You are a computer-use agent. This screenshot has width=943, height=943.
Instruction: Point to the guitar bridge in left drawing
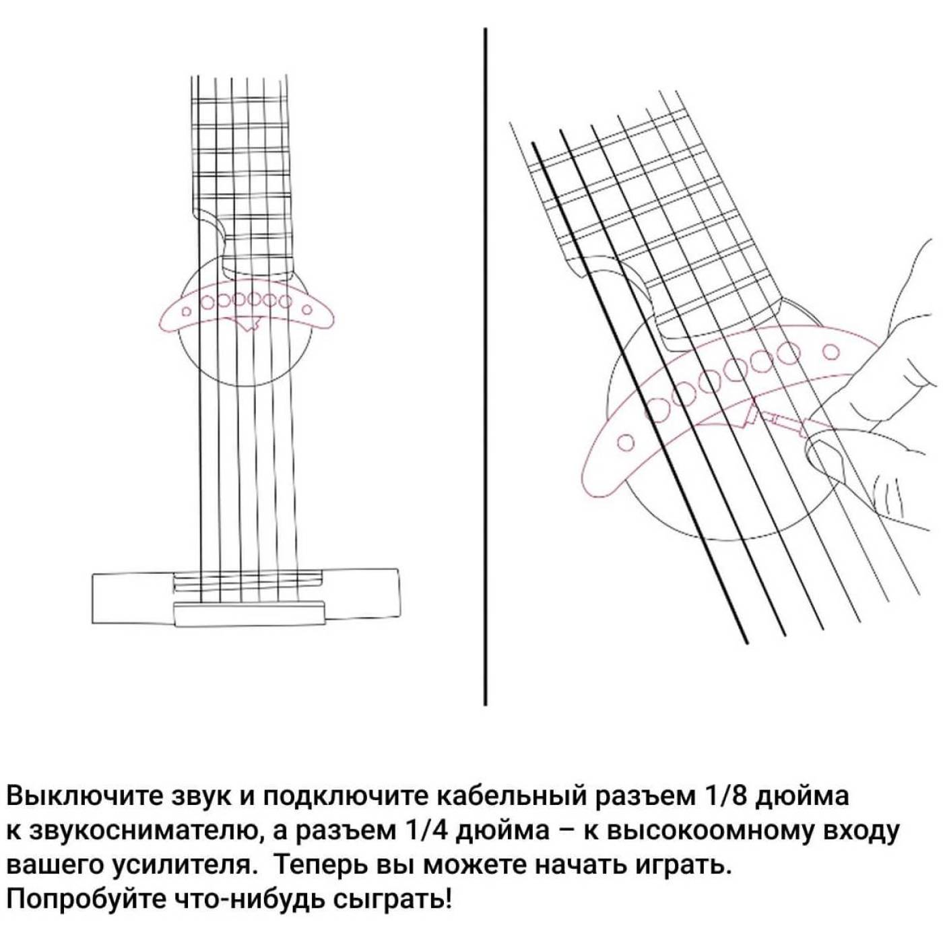point(247,598)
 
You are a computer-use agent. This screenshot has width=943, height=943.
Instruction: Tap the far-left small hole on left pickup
point(185,311)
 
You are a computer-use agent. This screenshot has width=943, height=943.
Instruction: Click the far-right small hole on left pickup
point(307,310)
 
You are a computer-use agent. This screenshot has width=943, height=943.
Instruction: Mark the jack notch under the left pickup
point(249,325)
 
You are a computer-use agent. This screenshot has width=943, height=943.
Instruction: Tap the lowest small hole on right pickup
point(625,442)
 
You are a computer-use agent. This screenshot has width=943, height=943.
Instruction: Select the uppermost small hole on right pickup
point(832,352)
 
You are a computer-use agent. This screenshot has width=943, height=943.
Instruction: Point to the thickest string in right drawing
point(640,393)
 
